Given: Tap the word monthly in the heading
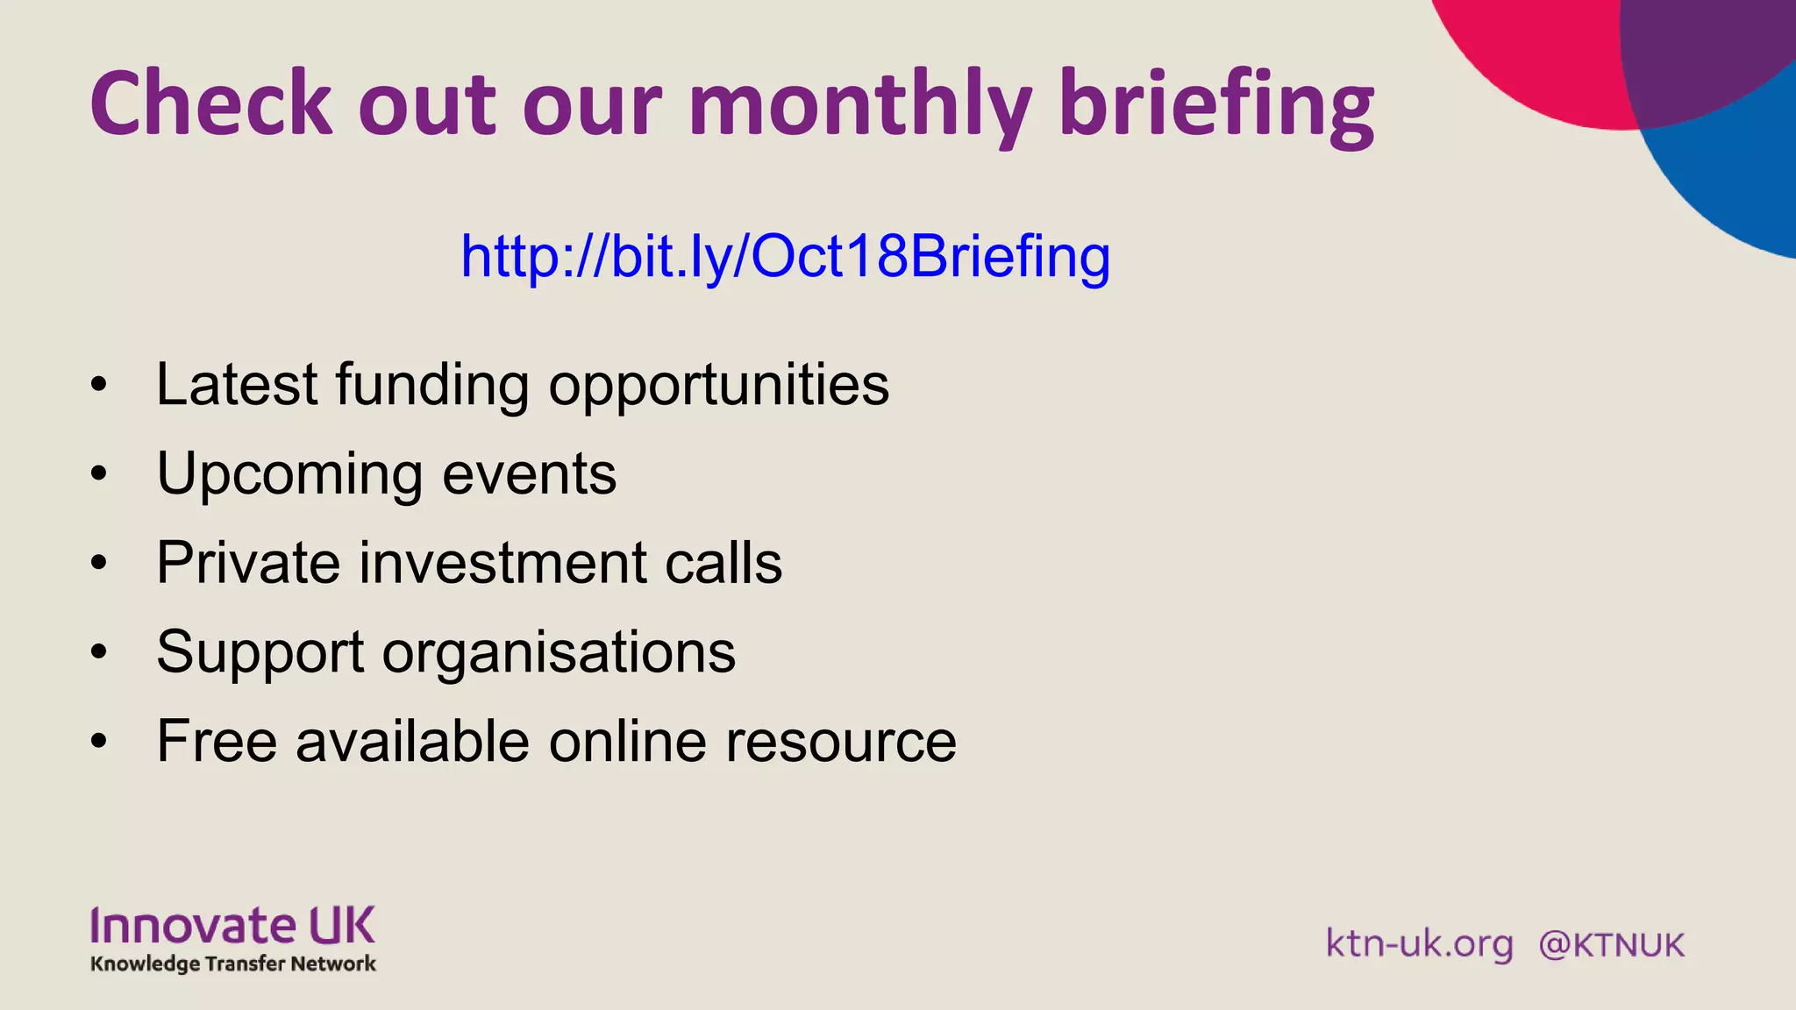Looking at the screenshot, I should pyautogui.click(x=859, y=105).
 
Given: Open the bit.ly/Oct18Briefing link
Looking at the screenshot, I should pyautogui.click(x=785, y=256).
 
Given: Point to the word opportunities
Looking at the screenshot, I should pyautogui.click(x=718, y=386).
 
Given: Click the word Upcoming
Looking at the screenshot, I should pyautogui.click(x=289, y=475).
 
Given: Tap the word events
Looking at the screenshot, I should pyautogui.click(x=529, y=474).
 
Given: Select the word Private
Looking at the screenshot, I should pyautogui.click(x=248, y=562).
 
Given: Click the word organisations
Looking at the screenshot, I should pyautogui.click(x=559, y=653).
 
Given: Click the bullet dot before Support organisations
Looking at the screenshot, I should pyautogui.click(x=99, y=652).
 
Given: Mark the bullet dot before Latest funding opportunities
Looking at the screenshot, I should pyautogui.click(x=99, y=385).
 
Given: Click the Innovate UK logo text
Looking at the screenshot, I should pyautogui.click(x=232, y=926).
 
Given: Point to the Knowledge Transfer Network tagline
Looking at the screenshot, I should pyautogui.click(x=232, y=964).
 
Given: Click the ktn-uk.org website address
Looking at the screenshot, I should pyautogui.click(x=1419, y=944).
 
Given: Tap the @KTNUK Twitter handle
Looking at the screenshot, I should pyautogui.click(x=1611, y=945).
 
